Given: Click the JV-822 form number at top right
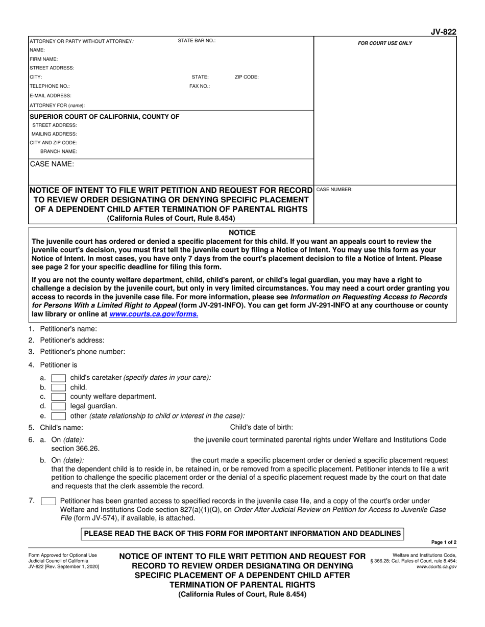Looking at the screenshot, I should click(x=444, y=32).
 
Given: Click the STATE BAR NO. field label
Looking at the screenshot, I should click(x=197, y=40).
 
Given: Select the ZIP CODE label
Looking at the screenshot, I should click(x=247, y=77).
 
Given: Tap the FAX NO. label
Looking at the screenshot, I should click(x=200, y=86).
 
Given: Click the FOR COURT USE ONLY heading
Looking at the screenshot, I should click(x=385, y=43).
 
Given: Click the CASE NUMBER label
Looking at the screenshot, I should click(x=334, y=190).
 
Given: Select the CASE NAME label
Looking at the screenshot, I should click(x=52, y=164).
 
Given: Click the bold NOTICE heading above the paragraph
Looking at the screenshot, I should click(x=242, y=232).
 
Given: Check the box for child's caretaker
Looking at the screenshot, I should click(x=59, y=378).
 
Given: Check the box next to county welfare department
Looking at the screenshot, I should click(x=59, y=397).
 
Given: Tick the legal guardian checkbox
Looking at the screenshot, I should click(x=59, y=406).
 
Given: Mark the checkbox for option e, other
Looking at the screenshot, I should click(x=59, y=416).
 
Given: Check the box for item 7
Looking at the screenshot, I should click(x=48, y=501).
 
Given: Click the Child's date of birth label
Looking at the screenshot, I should click(x=261, y=427).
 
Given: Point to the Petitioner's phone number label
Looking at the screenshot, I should click(x=82, y=352).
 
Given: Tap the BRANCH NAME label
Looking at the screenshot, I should click(x=58, y=151).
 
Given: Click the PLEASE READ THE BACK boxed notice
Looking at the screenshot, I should click(x=243, y=533).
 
